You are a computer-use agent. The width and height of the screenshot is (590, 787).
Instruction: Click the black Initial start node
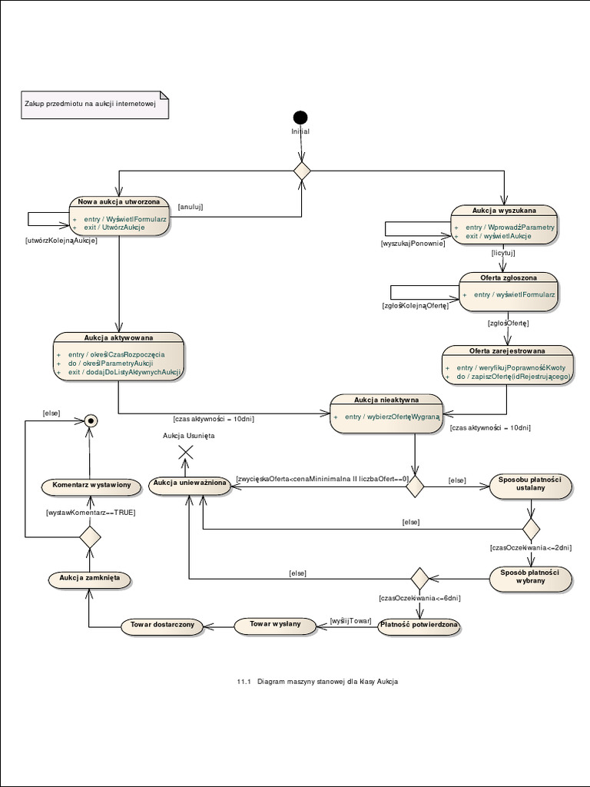300,118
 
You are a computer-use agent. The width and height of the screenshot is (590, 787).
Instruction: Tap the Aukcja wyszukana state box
504,224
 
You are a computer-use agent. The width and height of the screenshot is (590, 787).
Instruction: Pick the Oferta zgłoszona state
508,291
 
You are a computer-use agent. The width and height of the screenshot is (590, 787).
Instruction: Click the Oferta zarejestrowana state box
507,365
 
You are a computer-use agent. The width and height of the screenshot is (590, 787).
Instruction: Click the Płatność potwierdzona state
419,626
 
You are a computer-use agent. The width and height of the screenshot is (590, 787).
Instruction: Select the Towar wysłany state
275,625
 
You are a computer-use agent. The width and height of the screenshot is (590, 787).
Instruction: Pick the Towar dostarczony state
162,626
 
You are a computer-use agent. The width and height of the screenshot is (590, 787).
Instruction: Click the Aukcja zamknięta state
89,579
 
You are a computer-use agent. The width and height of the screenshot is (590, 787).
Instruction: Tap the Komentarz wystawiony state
91,486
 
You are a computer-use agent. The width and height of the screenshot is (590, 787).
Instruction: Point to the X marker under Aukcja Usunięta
184,453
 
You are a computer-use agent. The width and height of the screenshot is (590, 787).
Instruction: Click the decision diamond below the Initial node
301,171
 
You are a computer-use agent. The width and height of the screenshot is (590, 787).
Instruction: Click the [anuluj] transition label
190,206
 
